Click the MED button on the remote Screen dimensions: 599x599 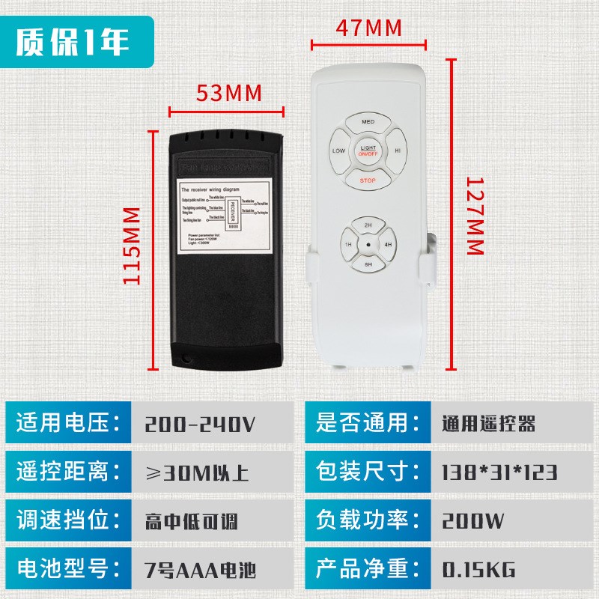pyautogui.click(x=368, y=121)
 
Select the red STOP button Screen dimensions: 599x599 pyautogui.click(x=368, y=180)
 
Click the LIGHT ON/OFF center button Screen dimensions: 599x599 pyautogui.click(x=368, y=150)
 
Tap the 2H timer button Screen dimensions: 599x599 pyautogui.click(x=368, y=225)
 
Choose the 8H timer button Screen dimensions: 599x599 pyautogui.click(x=368, y=264)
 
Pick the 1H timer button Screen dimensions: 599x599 pyautogui.click(x=348, y=245)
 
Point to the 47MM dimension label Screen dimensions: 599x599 pyautogui.click(x=368, y=28)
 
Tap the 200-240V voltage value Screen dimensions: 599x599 pyautogui.click(x=200, y=425)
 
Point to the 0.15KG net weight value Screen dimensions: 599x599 pyautogui.click(x=478, y=571)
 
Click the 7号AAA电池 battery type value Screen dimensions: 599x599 pyautogui.click(x=200, y=571)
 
